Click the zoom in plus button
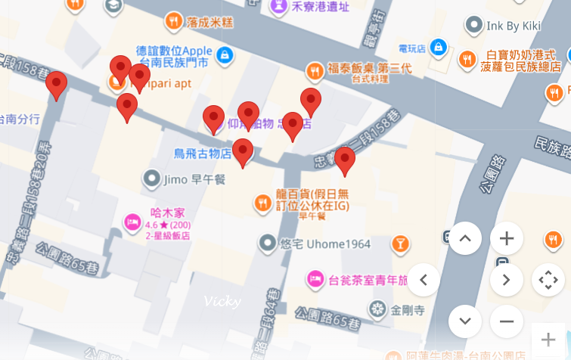point(507,239)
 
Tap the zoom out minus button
point(507,321)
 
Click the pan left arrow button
point(424,280)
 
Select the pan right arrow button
point(507,280)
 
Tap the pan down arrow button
point(465,321)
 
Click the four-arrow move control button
point(548,280)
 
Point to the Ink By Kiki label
point(514,26)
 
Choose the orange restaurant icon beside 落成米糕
point(174,20)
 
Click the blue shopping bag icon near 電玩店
point(438,48)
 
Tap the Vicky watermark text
point(222,301)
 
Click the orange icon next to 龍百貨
point(262,202)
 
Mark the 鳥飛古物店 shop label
point(203,154)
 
